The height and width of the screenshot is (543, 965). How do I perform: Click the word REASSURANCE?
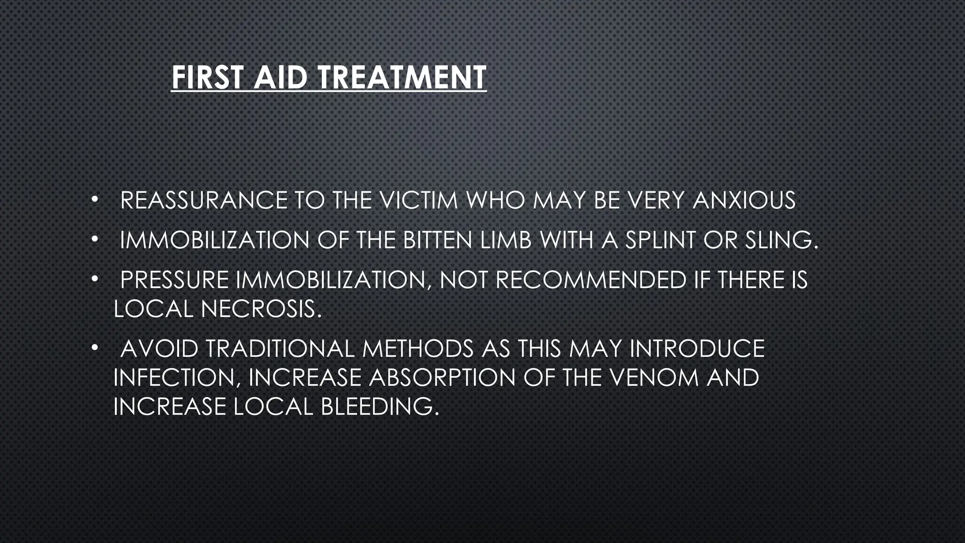[204, 201]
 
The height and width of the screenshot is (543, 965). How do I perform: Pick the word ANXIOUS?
[744, 201]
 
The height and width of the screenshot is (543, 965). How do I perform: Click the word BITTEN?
[438, 241]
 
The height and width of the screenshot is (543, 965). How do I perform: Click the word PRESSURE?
[174, 280]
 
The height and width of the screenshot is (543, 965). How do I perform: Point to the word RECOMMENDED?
[591, 280]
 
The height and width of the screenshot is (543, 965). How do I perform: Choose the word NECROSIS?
[261, 310]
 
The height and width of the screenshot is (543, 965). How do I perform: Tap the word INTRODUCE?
[697, 349]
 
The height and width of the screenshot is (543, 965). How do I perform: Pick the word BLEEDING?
[380, 407]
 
